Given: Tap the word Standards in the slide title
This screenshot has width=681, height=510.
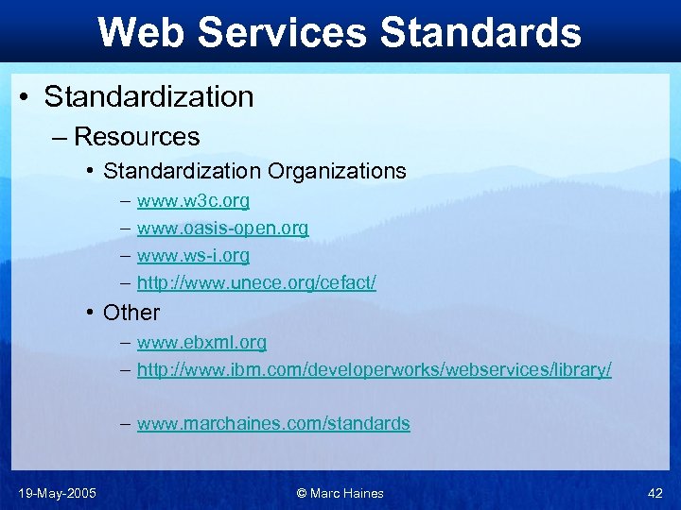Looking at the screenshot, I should (480, 31).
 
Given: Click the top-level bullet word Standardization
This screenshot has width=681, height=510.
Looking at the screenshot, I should (148, 96).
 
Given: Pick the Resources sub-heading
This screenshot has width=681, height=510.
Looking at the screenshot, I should (136, 137).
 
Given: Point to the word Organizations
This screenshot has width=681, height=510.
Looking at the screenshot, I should (337, 171).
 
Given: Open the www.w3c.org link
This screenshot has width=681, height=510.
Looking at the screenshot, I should (193, 201).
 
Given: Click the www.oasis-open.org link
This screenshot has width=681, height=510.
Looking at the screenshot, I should (222, 229).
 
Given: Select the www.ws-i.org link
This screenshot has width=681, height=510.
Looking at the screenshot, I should (193, 256).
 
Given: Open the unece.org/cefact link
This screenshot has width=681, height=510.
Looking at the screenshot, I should (256, 283).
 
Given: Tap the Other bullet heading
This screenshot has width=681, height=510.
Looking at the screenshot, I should (131, 313).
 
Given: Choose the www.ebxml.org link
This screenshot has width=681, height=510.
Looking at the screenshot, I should (201, 342).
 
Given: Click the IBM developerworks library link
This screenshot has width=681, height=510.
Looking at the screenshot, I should (374, 369).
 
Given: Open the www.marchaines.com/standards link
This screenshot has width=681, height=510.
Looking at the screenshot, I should (273, 424).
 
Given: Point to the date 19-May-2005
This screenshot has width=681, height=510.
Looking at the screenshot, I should (57, 493).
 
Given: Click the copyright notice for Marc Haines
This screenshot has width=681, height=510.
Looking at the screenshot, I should (340, 493).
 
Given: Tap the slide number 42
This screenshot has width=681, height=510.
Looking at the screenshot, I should (655, 493).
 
